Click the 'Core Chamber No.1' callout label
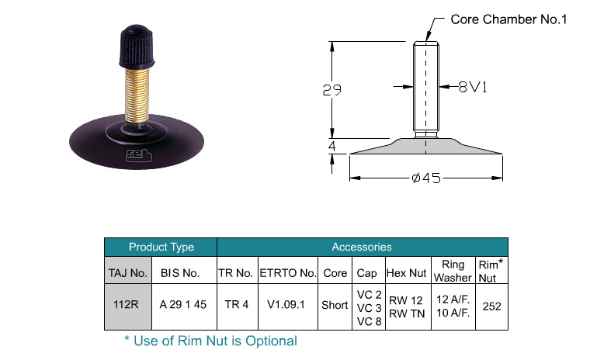(508, 19)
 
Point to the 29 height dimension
(332, 90)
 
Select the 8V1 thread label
(471, 88)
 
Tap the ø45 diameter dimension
(425, 178)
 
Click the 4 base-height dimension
(332, 146)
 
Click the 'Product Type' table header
(161, 247)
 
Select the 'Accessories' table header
(362, 247)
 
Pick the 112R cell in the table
(126, 305)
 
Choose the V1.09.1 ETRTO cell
(287, 305)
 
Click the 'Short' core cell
(335, 305)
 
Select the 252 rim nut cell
(491, 306)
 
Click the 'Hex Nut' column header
(405, 273)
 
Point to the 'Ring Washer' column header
(453, 271)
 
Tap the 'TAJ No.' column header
(127, 273)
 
